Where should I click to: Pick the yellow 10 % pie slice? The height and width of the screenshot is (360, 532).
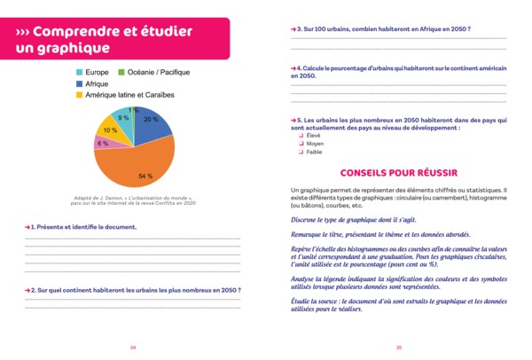pyautogui.click(x=109, y=128)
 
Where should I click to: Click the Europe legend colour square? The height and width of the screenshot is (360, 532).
pyautogui.click(x=80, y=72)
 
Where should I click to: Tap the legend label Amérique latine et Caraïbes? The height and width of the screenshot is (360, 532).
pyautogui.click(x=131, y=94)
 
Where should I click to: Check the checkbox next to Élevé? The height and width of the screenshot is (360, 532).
pyautogui.click(x=301, y=135)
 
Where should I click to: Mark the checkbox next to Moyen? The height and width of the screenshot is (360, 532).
pyautogui.click(x=301, y=143)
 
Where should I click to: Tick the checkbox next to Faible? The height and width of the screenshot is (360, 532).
pyautogui.click(x=301, y=152)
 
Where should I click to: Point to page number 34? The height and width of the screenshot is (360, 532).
pyautogui.click(x=133, y=347)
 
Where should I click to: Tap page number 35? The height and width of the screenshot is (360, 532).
pyautogui.click(x=399, y=347)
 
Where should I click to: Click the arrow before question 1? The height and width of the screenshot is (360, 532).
pyautogui.click(x=28, y=228)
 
